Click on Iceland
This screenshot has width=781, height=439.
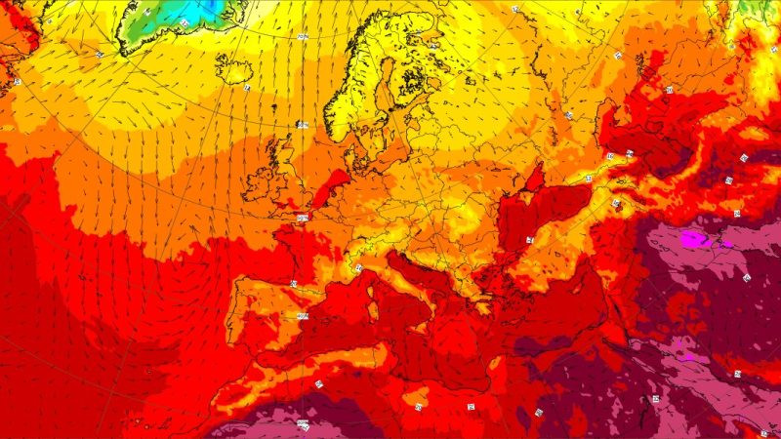tap(234, 68)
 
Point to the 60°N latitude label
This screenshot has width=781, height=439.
tap(302, 125)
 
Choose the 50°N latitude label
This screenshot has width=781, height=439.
tap(302, 218)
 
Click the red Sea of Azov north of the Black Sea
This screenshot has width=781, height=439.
tap(534, 180)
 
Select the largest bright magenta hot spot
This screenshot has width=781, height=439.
tap(694, 237)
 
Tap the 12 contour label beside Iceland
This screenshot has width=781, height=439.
tap(247, 88)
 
